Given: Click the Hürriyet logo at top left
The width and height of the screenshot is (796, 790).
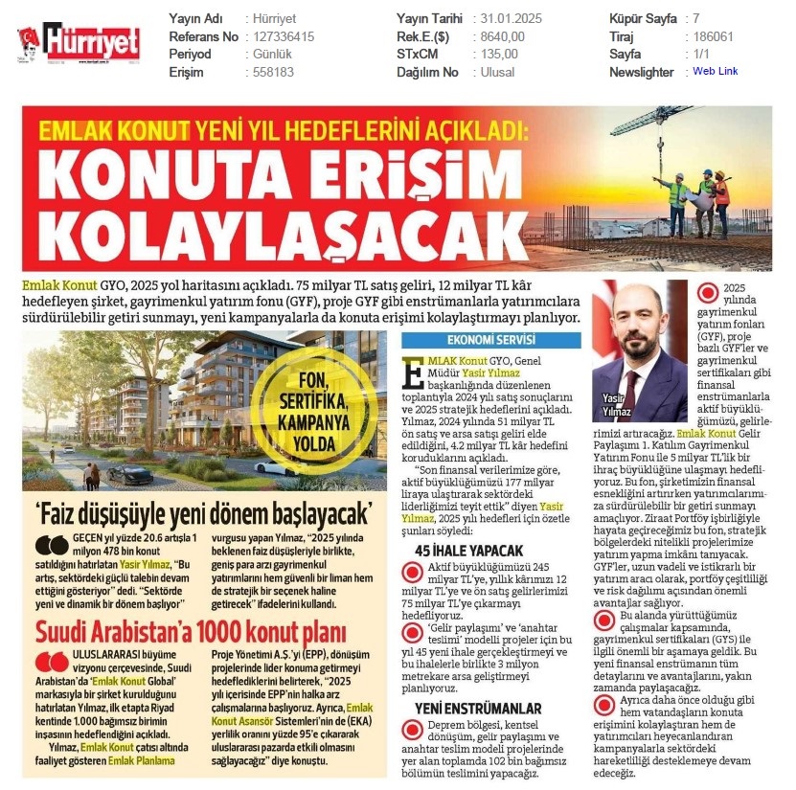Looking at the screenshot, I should [80, 41].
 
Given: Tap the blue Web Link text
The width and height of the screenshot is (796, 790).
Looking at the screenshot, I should [715, 71].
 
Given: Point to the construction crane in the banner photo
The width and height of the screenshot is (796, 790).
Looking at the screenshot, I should [661, 124].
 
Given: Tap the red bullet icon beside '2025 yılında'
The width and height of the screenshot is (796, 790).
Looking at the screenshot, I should [708, 293].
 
